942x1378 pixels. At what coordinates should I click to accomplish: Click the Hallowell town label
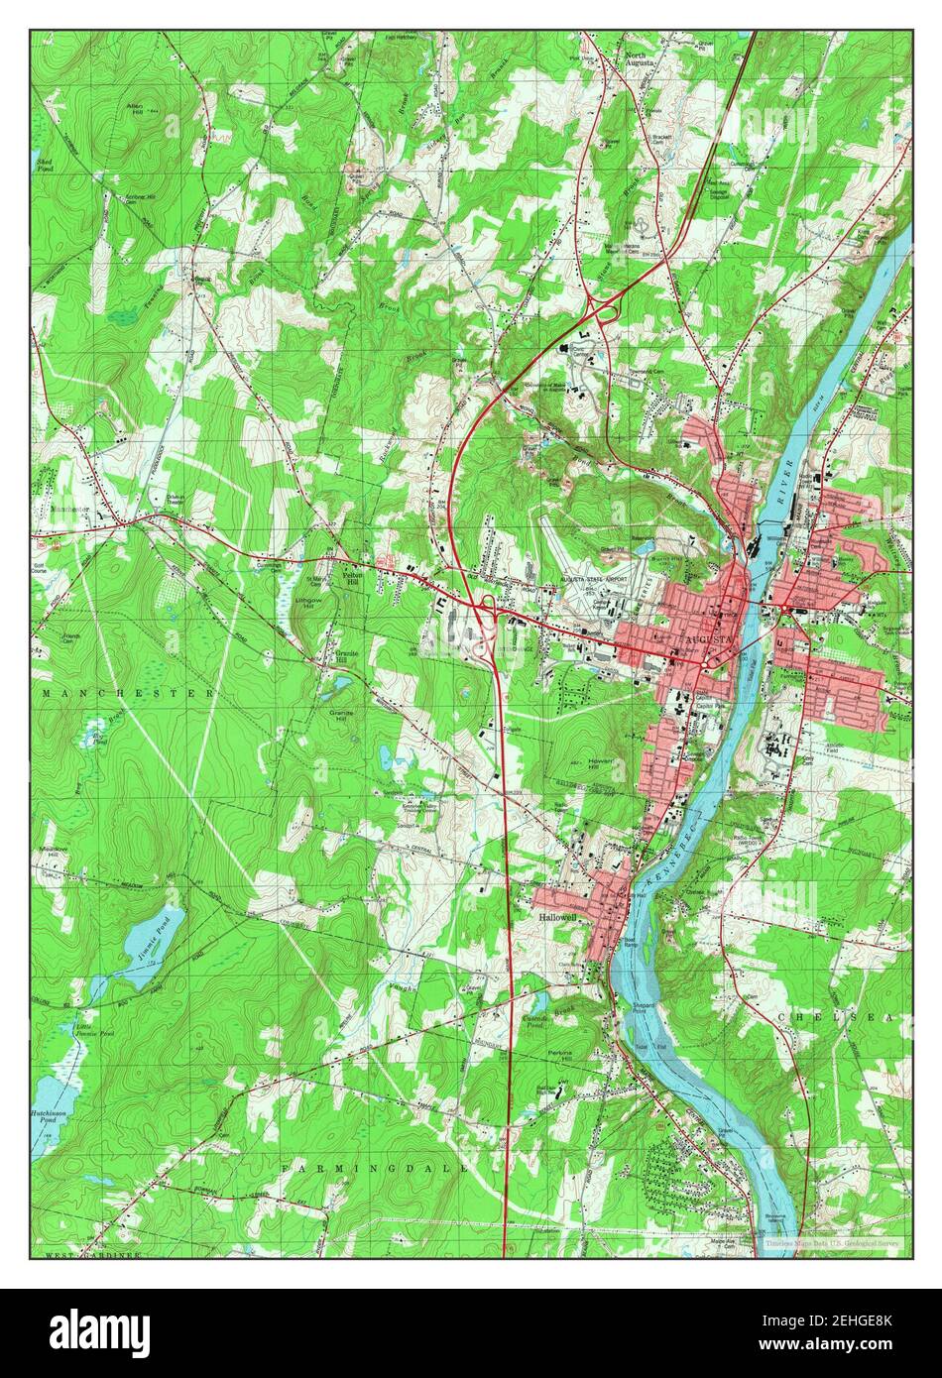tap(555, 919)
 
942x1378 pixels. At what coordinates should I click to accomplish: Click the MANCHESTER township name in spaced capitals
tap(128, 693)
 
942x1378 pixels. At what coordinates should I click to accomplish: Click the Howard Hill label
tap(591, 765)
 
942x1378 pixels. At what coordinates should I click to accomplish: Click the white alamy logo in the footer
tap(89, 1329)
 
